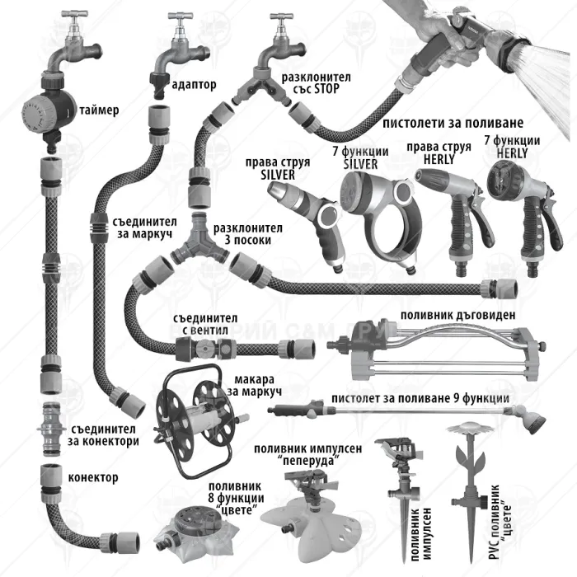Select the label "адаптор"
point(195,83)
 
